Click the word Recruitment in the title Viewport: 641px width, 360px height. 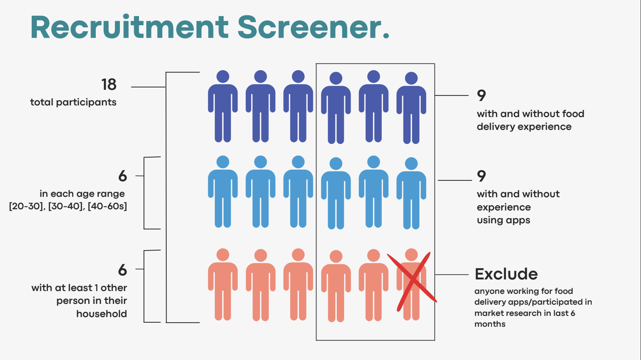[129, 27]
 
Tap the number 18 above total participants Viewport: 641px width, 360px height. [109, 85]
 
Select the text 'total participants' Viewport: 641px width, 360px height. [73, 102]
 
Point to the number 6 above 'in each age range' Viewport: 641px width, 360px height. [123, 176]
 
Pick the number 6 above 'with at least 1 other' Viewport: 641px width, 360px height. [123, 270]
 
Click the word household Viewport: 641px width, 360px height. [102, 313]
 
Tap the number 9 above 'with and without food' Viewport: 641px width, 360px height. [481, 95]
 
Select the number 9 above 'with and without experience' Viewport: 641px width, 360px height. [481, 176]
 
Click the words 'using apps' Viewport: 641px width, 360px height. [503, 220]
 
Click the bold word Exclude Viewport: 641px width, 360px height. [506, 274]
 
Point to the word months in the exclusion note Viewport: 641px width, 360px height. [490, 324]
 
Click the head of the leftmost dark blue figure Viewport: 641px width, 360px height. [223, 76]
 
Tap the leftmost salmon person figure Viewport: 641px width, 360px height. [223, 285]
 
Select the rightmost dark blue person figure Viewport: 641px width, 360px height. [411, 108]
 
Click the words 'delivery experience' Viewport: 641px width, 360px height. [524, 127]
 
